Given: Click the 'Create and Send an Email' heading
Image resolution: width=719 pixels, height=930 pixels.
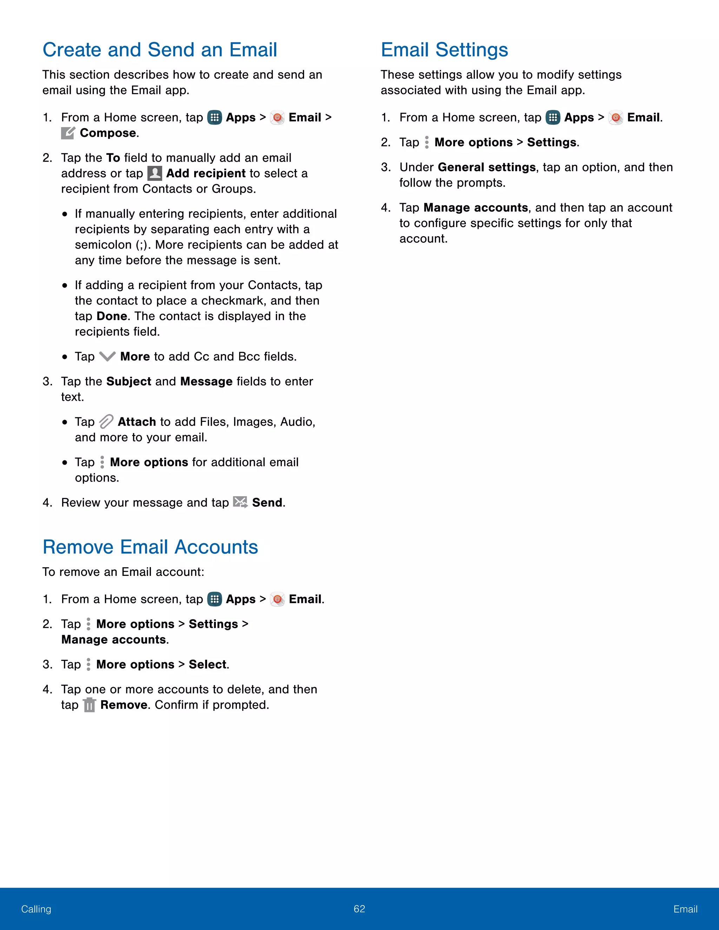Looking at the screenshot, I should coord(160,50).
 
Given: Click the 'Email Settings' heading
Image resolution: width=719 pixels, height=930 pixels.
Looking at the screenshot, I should coord(444,50).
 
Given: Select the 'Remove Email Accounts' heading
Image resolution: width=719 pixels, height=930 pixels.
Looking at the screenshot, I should coord(150,547).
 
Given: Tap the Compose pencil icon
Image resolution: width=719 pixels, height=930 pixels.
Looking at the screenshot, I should coord(68,133).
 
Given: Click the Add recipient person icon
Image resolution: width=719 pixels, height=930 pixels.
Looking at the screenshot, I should coord(154,173).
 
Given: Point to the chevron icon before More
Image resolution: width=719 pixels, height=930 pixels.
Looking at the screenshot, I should coord(107,357).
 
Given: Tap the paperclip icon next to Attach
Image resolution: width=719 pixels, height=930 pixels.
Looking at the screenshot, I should coord(106,421).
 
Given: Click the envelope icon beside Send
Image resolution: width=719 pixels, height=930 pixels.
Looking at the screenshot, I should coord(240,503).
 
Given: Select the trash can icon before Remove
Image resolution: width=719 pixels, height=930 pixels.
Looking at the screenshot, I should coord(90,705).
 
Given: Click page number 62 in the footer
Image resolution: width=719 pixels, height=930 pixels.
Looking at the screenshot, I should coord(359,909).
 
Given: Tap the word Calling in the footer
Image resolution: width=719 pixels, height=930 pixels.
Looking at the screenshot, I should coord(36,909).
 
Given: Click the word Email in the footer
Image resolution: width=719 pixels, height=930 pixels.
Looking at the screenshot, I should coord(685,909).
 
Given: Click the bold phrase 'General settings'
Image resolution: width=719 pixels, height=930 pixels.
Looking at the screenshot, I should coord(487,167).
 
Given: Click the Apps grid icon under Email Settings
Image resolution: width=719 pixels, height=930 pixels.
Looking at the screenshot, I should coord(553,118).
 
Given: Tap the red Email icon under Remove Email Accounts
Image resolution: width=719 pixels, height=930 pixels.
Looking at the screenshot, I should coord(277,599).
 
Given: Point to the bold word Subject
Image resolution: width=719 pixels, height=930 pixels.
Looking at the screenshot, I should coord(128,381).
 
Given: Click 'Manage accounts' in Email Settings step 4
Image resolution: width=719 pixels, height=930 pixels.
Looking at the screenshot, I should coord(475,208).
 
